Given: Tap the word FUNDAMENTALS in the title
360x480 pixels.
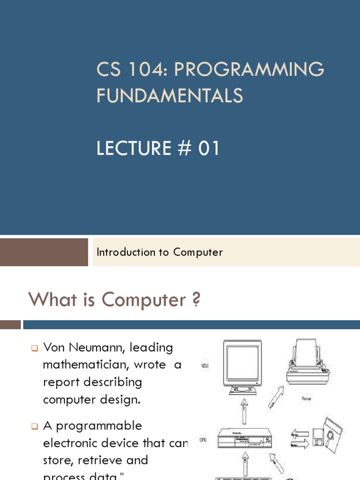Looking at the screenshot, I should point(170,96).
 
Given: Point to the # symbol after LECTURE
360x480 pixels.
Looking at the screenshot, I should point(184,149).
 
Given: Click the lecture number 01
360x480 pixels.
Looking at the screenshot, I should point(209,149).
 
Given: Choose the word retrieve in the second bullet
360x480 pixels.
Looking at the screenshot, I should point(96,459).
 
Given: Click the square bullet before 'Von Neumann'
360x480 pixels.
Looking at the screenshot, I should point(35,348).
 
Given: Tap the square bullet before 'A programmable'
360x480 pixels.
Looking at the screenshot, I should point(35,426).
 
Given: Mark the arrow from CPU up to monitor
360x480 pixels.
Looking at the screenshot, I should point(243,411).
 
